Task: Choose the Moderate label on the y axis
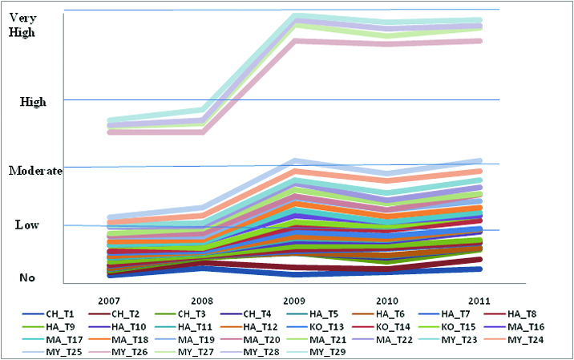coord(35,171)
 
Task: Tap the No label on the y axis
coord(27,277)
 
